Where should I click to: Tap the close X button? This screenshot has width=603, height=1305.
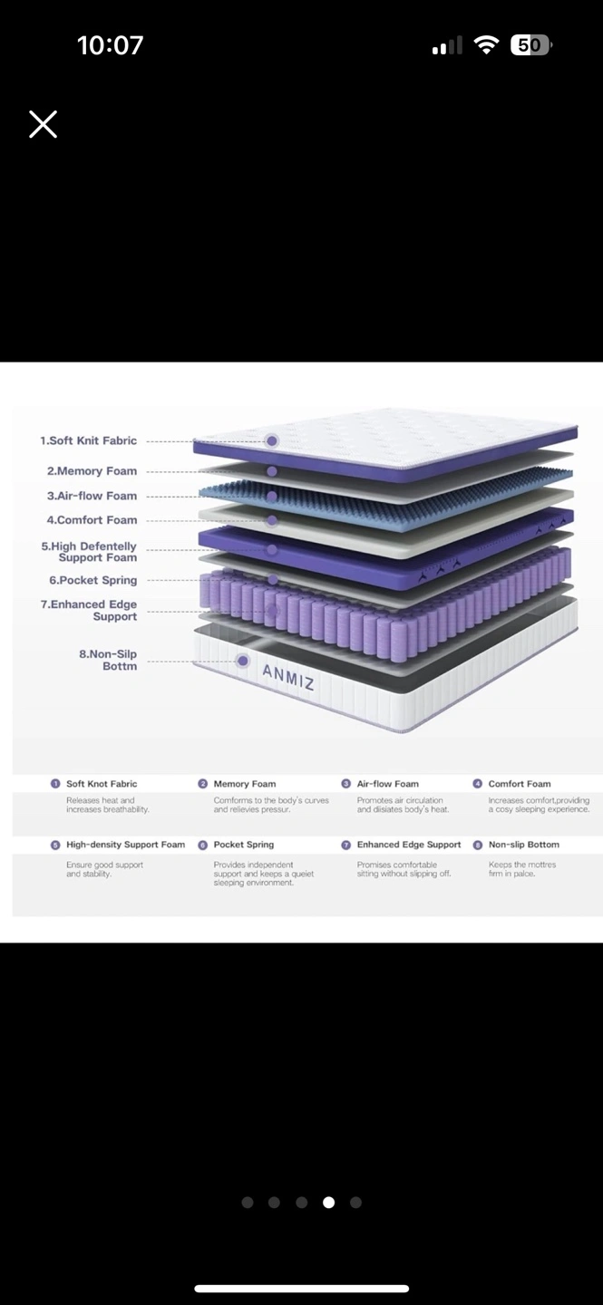pyautogui.click(x=43, y=124)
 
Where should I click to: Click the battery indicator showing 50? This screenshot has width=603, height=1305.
pyautogui.click(x=531, y=45)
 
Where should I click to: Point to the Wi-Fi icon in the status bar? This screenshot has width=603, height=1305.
pyautogui.click(x=487, y=45)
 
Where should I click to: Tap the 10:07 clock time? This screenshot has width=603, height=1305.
pyautogui.click(x=110, y=45)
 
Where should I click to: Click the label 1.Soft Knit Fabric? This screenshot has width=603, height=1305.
pyautogui.click(x=88, y=440)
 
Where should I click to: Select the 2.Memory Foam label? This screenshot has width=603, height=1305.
pyautogui.click(x=92, y=471)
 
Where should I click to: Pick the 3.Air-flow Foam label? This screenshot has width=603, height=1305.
pyautogui.click(x=92, y=496)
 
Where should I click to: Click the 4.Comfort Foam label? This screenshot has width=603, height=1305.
pyautogui.click(x=92, y=520)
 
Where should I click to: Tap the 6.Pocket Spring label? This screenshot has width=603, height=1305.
pyautogui.click(x=92, y=580)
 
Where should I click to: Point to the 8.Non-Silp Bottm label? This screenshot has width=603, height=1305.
pyautogui.click(x=108, y=660)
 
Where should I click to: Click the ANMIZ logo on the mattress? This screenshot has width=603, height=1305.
pyautogui.click(x=288, y=676)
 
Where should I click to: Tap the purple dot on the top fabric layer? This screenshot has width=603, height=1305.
pyautogui.click(x=272, y=441)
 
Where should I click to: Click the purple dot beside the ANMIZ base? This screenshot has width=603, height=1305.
pyautogui.click(x=243, y=661)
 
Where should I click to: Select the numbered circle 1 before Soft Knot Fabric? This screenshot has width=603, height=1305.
pyautogui.click(x=55, y=784)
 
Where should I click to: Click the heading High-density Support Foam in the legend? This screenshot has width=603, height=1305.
pyautogui.click(x=125, y=845)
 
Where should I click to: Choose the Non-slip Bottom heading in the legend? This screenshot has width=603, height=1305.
pyautogui.click(x=523, y=845)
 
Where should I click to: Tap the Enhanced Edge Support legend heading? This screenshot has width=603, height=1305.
pyautogui.click(x=408, y=845)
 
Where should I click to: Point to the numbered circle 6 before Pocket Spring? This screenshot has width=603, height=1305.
pyautogui.click(x=202, y=845)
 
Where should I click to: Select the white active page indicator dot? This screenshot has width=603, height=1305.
pyautogui.click(x=328, y=1203)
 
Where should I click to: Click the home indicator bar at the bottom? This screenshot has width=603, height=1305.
pyautogui.click(x=301, y=1288)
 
